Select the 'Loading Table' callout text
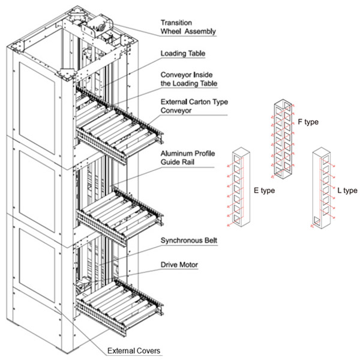point(183,53)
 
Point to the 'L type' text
point(347,191)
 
